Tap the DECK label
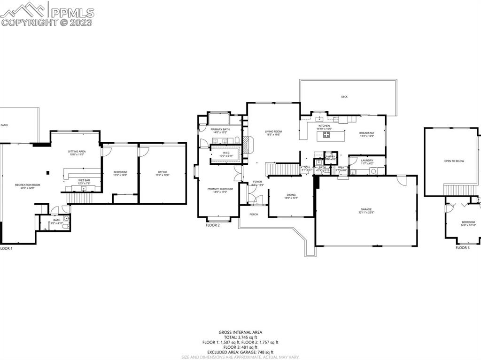344,97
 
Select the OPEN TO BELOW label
454,161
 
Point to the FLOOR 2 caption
212,225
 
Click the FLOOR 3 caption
462,247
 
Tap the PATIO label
4,125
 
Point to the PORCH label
254,214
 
